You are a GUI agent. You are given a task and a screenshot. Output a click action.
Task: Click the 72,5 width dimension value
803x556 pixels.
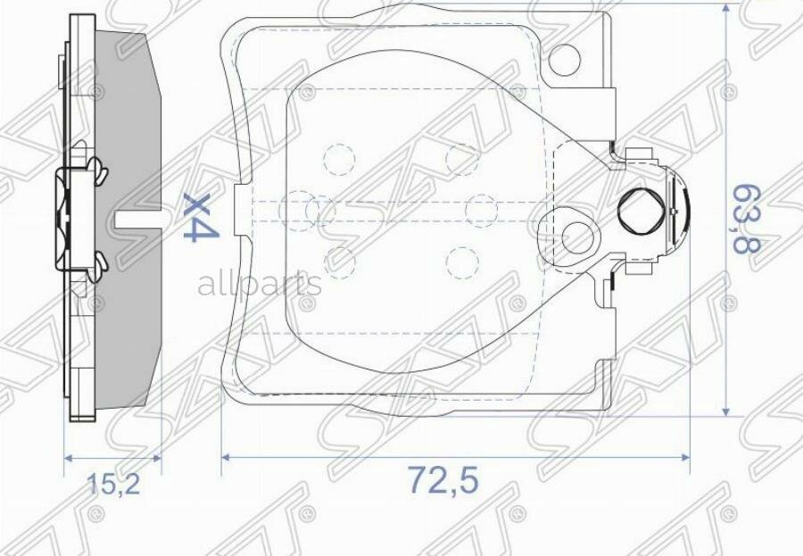443,481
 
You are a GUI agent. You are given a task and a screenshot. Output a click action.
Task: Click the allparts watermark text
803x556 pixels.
259,285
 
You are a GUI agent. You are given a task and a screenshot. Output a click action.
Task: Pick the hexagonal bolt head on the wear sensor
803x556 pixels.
642,212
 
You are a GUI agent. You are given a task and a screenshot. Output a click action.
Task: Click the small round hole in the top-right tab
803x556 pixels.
566,60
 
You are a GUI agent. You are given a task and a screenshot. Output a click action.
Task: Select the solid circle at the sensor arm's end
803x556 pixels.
581,237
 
